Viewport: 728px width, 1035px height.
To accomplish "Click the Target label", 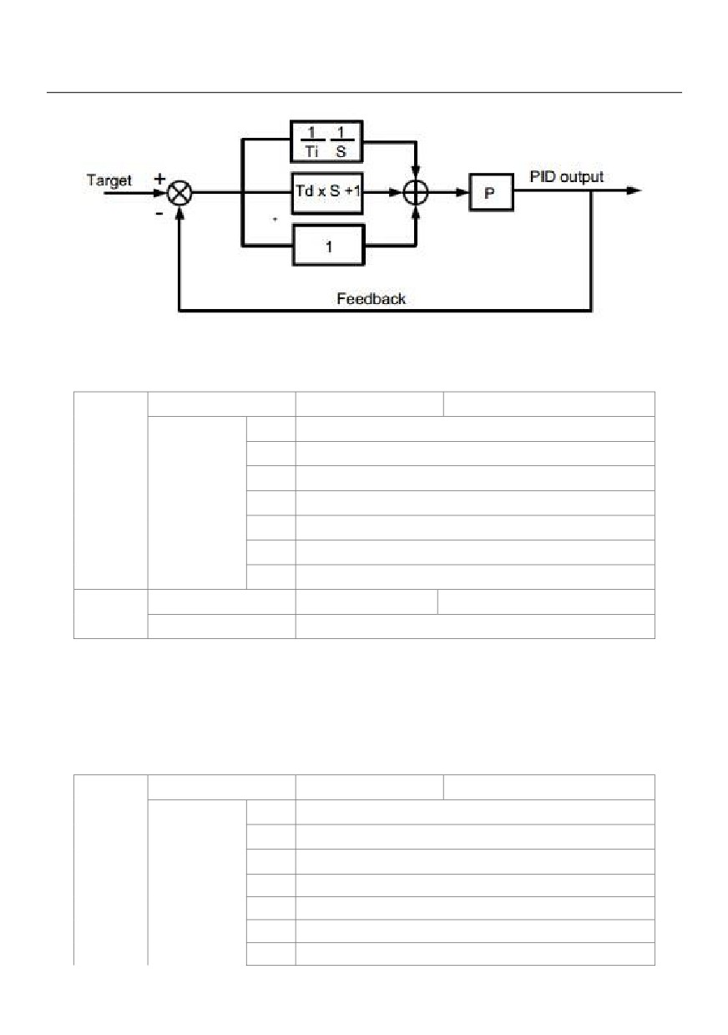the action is pos(109,180).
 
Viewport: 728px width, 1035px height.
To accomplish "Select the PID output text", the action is pos(566,176).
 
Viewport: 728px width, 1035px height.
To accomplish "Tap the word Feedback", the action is pos(371,298).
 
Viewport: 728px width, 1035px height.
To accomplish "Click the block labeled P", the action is pos(491,192).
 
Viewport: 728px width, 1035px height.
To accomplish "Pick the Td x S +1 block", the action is pos(327,193).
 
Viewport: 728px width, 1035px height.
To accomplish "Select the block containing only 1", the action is pos(328,245).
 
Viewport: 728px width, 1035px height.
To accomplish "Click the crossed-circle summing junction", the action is pos(179,193).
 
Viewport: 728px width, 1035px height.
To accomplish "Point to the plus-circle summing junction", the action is pos(416,192).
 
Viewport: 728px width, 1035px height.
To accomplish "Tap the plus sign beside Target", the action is pos(159,179).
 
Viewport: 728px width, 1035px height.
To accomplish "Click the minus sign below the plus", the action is pos(159,214).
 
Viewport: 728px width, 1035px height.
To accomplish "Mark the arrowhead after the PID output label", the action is pos(634,190).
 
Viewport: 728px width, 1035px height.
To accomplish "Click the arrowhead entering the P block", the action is pos(463,192).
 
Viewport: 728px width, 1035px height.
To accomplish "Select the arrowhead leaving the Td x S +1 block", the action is pos(396,192).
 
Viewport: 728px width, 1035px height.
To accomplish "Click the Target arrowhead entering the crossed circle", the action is pos(159,193).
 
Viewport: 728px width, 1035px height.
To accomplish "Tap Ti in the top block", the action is pos(311,151).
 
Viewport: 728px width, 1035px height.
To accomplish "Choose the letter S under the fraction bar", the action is pos(341,151).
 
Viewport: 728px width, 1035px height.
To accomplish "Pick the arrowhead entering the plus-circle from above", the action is pos(416,173).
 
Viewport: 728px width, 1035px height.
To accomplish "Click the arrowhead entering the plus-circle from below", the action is pos(416,212).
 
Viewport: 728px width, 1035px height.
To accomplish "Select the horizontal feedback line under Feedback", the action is pos(385,310).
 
